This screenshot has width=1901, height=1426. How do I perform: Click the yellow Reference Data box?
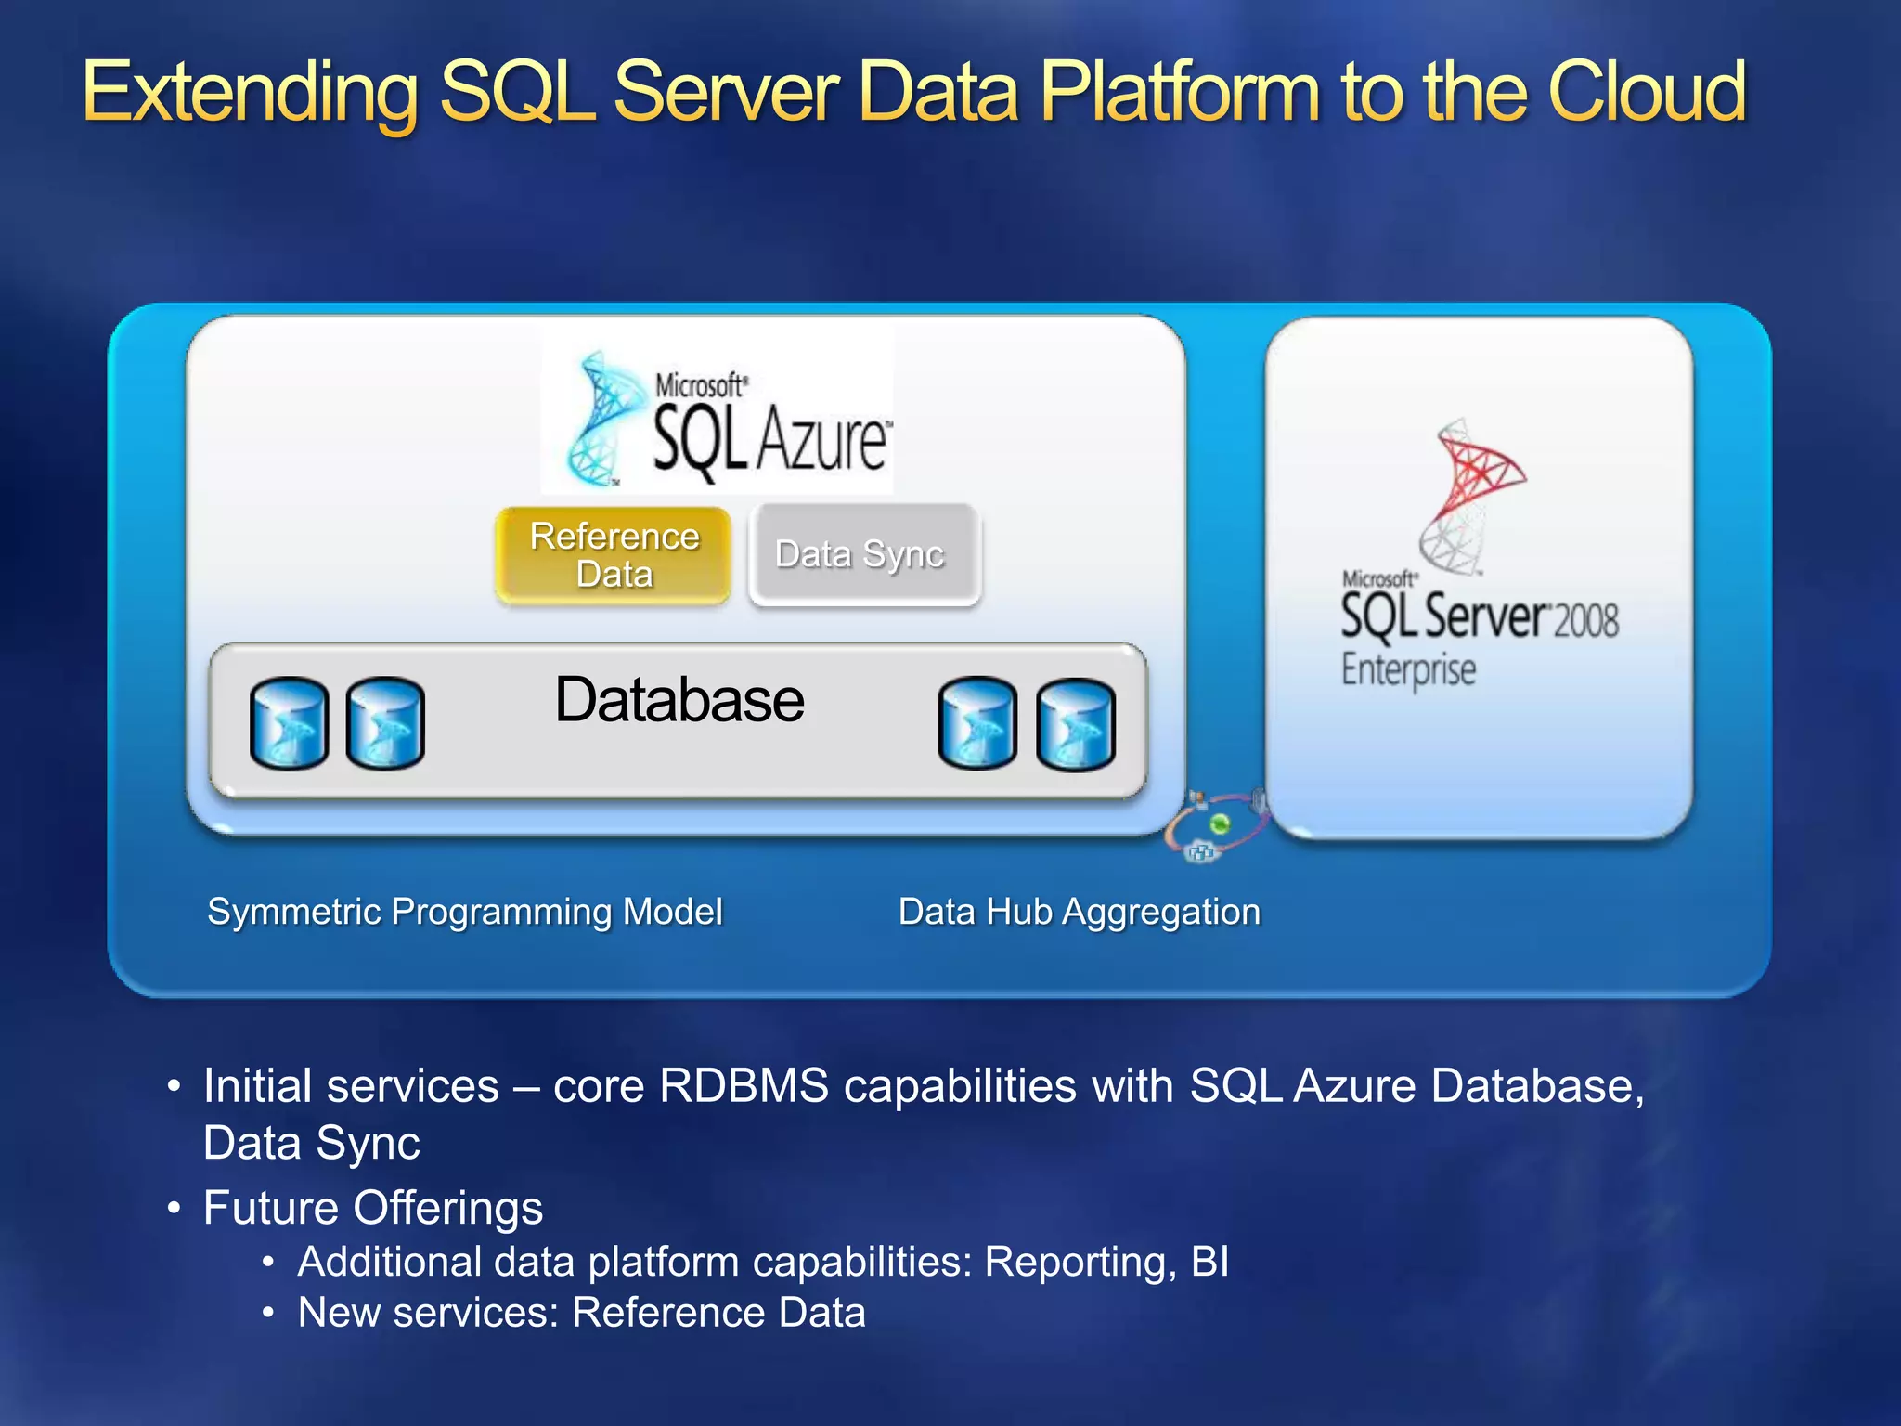(614, 555)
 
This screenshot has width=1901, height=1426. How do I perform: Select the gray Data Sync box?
(863, 554)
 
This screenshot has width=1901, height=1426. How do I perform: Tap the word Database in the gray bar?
(679, 700)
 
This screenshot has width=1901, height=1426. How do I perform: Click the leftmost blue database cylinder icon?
(289, 723)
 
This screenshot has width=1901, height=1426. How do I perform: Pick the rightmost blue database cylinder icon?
(1075, 725)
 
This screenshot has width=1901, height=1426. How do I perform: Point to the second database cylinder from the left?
(385, 723)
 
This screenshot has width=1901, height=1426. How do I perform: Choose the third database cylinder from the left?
(977, 723)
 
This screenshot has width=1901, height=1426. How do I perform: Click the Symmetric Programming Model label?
(464, 912)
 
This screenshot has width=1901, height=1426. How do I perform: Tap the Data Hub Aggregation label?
(1079, 912)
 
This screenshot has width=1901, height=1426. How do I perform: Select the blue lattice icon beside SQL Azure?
(599, 418)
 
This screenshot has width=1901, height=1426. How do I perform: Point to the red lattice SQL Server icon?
(1476, 492)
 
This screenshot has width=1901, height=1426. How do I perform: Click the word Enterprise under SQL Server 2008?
(1408, 669)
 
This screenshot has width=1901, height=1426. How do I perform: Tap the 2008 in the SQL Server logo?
(1585, 620)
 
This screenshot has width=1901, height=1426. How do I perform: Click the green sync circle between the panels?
(1220, 823)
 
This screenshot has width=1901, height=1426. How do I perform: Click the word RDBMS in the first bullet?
(744, 1085)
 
